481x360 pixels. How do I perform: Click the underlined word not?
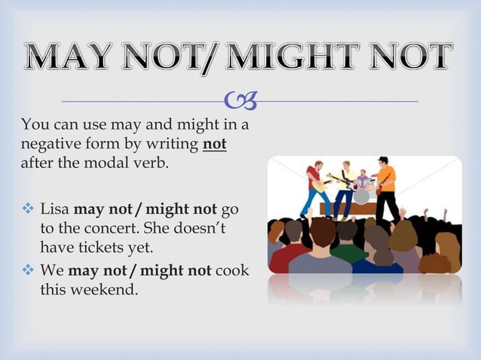click(215, 144)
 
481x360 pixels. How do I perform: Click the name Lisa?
click(54, 207)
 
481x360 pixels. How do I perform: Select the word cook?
click(231, 269)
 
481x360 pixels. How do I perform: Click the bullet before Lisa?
click(26, 207)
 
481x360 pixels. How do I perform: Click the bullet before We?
click(26, 269)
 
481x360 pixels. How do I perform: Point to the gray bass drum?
click(362, 196)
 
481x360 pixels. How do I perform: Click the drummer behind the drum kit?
click(364, 179)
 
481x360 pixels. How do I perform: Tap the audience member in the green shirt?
click(349, 249)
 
